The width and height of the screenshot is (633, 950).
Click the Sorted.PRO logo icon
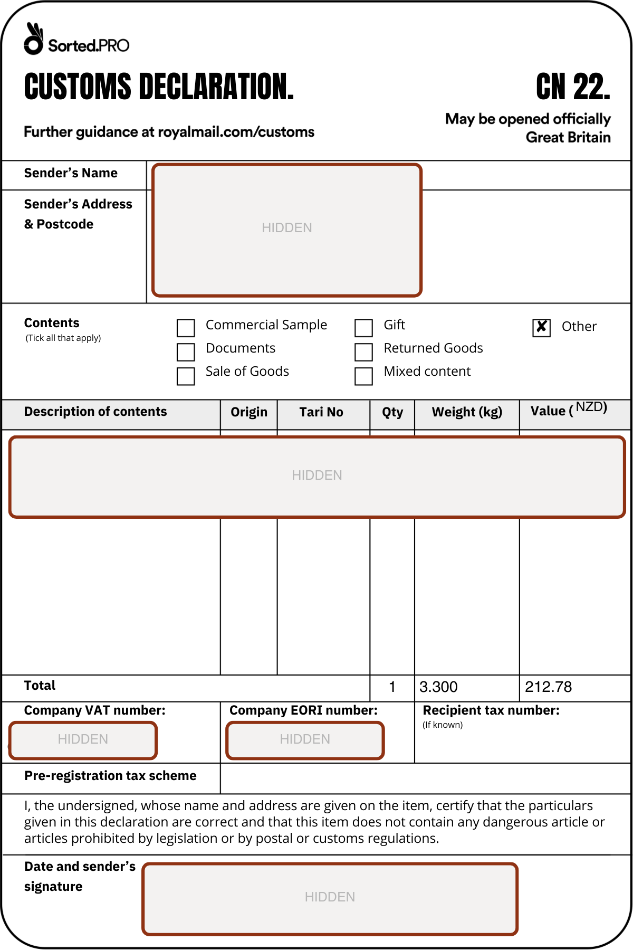33,39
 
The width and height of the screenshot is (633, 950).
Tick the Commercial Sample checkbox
186,328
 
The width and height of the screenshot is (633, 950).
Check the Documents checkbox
186,352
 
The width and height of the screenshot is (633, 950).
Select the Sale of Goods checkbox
186,376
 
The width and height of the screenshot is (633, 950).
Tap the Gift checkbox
363,328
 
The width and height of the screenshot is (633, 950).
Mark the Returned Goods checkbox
363,352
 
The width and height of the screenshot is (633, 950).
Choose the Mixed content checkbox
363,376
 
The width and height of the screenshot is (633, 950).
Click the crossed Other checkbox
541,327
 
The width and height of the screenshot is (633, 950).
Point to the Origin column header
249,412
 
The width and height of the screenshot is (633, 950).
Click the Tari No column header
321,412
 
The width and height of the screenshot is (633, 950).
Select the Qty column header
392,412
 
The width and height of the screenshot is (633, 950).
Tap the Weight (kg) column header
467,412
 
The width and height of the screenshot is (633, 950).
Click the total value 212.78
548,687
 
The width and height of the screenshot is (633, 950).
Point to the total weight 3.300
438,687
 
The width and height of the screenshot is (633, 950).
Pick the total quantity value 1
392,687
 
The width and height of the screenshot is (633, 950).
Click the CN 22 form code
573,87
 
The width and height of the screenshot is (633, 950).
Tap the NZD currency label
591,407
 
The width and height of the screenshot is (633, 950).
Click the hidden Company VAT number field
83,740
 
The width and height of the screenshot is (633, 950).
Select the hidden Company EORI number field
305,740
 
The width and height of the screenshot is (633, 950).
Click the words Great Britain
568,138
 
